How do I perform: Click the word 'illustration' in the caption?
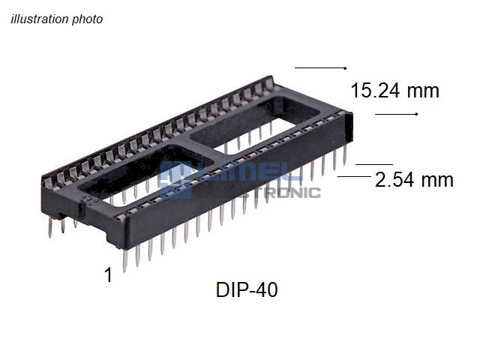40,19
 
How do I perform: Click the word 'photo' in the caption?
87,19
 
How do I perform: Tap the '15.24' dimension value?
375,91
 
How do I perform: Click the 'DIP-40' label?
247,289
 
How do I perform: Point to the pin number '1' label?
108,274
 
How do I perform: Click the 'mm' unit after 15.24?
423,91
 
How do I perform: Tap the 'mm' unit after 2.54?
437,180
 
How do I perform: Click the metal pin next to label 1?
125,260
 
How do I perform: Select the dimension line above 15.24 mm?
320,67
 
